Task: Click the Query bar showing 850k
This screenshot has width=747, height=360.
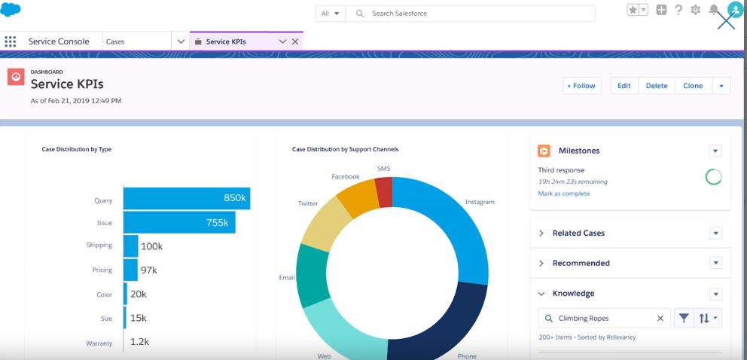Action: (x=185, y=199)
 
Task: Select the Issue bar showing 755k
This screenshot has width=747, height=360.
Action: (x=178, y=223)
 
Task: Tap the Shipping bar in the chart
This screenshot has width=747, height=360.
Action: (x=130, y=246)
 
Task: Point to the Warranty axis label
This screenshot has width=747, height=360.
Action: (x=99, y=343)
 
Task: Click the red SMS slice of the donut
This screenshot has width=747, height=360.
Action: (x=384, y=192)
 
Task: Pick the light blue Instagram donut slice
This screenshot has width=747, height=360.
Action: (x=444, y=226)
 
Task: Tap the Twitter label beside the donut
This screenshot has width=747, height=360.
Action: (x=308, y=203)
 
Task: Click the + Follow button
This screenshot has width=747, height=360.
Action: (x=581, y=86)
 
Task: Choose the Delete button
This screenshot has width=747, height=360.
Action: (x=657, y=86)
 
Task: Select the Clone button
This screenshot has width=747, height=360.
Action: (x=693, y=86)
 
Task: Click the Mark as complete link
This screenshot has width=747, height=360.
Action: (x=564, y=194)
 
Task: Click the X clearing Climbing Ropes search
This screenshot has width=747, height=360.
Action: (x=660, y=319)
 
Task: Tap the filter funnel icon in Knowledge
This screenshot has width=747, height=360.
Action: (x=683, y=319)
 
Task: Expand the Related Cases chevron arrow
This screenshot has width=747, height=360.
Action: (x=541, y=233)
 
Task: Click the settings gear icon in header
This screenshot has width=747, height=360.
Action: (x=695, y=10)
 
